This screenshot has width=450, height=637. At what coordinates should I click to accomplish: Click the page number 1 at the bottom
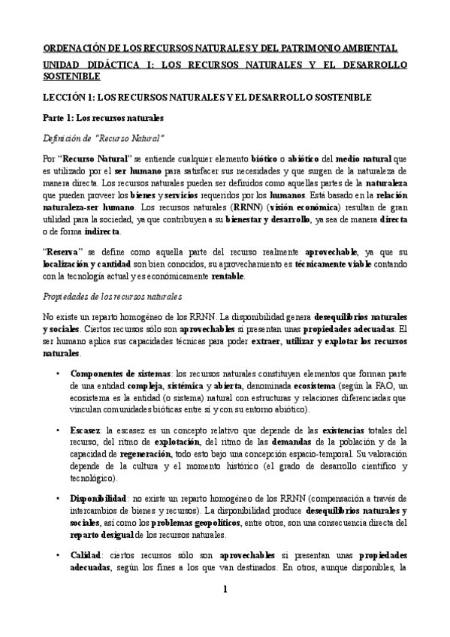point(225,610)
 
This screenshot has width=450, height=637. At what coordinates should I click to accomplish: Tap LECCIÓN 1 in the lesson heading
point(68,98)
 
